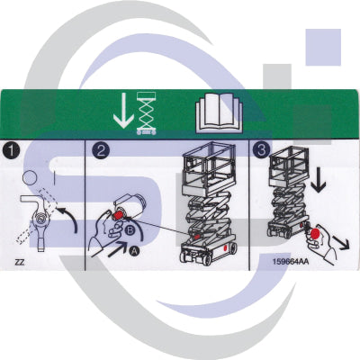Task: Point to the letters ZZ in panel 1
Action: [19, 263]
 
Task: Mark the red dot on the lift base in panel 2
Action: [196, 239]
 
